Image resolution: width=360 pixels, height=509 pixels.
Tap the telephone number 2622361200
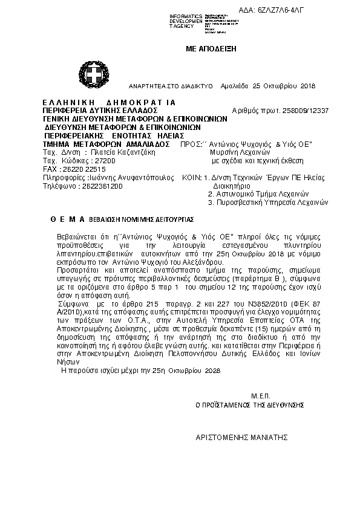point(99,187)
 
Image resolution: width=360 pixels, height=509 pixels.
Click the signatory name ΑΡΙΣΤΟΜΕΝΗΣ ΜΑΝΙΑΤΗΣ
point(241,436)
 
